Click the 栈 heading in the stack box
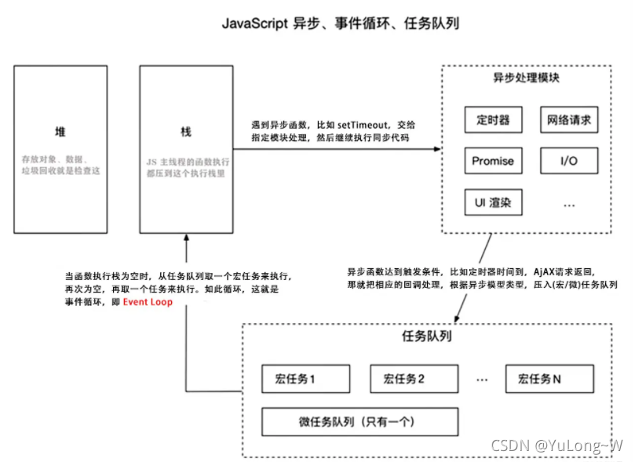pyautogui.click(x=186, y=129)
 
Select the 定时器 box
pyautogui.click(x=493, y=121)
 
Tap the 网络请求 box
pyautogui.click(x=568, y=121)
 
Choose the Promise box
pyautogui.click(x=493, y=161)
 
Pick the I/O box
pyautogui.click(x=568, y=161)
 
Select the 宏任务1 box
pyautogui.click(x=305, y=379)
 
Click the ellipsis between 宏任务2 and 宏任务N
pyautogui.click(x=482, y=379)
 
